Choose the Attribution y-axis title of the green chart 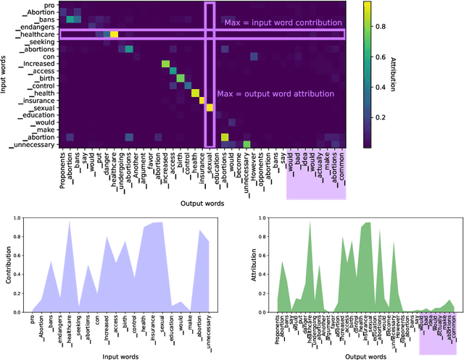coord(241,264)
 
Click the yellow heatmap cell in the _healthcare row coord(114,34)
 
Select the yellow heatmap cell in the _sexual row coord(210,108)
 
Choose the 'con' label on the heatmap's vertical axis coord(49,56)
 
